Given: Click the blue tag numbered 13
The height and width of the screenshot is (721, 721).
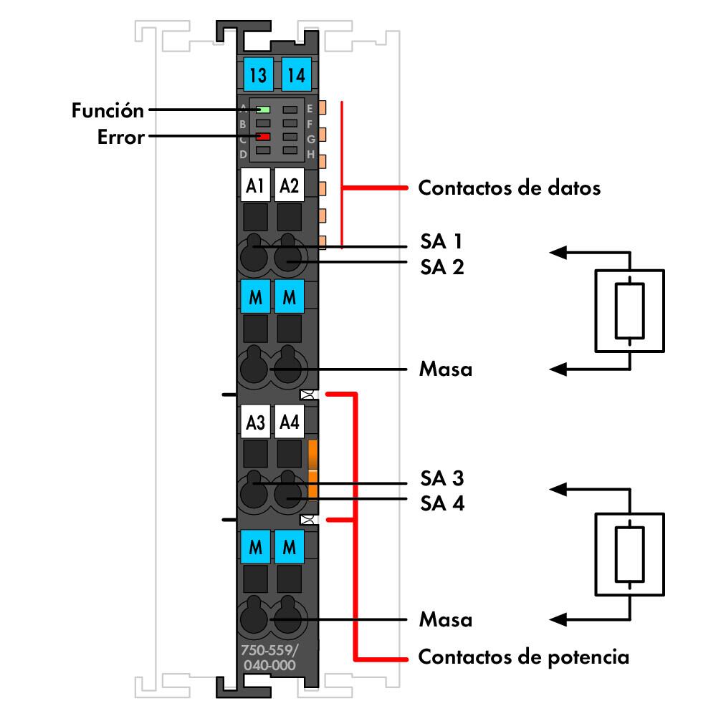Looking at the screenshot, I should point(256,73).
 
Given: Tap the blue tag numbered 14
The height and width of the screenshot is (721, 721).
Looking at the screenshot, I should point(294,73).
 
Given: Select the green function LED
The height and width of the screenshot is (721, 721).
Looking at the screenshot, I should point(263,110).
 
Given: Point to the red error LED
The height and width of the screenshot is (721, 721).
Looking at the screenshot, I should point(263,136).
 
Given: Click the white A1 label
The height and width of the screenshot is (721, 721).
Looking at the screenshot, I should point(255,187).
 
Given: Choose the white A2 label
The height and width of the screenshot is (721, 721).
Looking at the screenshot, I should point(290,187).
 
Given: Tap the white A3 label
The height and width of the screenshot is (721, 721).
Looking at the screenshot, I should point(255,423).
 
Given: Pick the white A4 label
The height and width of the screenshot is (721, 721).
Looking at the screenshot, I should point(290,423).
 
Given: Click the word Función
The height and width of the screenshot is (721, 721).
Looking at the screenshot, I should point(108,111).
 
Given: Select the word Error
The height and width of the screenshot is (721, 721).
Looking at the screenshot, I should point(120,137).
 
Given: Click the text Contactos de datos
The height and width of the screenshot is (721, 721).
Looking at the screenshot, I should point(509,189).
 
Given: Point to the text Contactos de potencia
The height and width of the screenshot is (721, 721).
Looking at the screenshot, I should point(523,657).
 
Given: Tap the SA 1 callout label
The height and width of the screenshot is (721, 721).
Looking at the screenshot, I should point(442,241).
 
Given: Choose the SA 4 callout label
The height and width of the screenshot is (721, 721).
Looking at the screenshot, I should point(442,503).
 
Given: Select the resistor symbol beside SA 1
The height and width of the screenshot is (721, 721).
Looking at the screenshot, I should point(629,310).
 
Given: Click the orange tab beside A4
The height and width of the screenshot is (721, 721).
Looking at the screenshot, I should point(312,469).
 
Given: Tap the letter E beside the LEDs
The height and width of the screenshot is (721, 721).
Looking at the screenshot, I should point(310,109).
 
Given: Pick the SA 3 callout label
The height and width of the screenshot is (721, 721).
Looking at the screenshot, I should point(442,478).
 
